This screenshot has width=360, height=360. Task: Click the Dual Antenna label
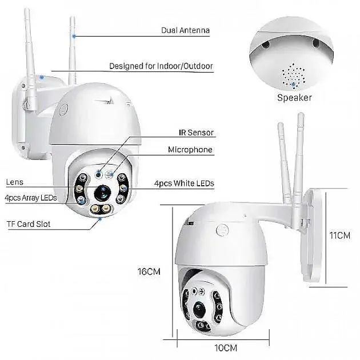pyautogui.click(x=186, y=30)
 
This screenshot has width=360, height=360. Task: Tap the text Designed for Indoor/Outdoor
pyautogui.click(x=161, y=66)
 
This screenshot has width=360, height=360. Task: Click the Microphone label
pyautogui.click(x=190, y=150)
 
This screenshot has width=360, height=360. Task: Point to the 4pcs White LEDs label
pyautogui.click(x=184, y=183)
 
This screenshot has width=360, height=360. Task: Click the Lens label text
pyautogui.click(x=14, y=182)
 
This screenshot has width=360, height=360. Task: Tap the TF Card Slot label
pyautogui.click(x=28, y=224)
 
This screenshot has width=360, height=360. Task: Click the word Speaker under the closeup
pyautogui.click(x=294, y=98)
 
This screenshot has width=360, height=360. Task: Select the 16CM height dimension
pyautogui.click(x=150, y=271)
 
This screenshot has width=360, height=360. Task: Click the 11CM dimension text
pyautogui.click(x=339, y=235)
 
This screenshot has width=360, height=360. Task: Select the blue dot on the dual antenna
pyautogui.click(x=74, y=35)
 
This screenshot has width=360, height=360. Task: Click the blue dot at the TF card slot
pyautogui.click(x=101, y=218)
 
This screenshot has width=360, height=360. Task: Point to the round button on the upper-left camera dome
pyautogui.click(x=63, y=109)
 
